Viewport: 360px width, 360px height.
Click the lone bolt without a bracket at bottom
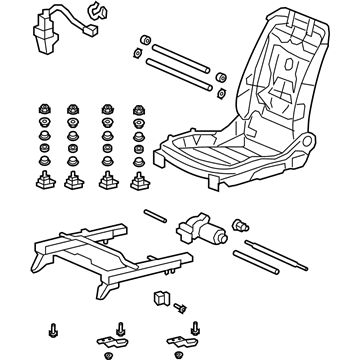click(51, 329)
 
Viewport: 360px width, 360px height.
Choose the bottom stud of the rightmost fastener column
click(138, 180)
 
